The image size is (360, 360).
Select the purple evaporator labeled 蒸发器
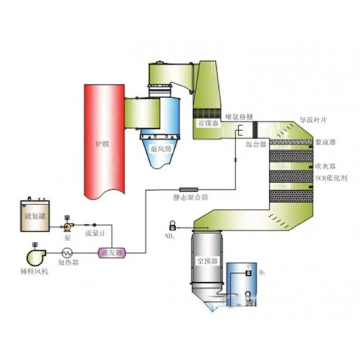coord(111,253)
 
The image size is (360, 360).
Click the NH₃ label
coord(171,235)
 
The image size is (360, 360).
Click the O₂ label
coord(261,274)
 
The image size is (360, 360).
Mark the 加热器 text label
coord(69,264)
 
